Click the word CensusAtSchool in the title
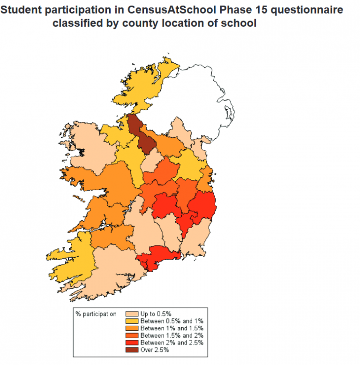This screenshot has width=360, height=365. tap(157, 10)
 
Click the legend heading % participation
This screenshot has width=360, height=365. tap(96, 313)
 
